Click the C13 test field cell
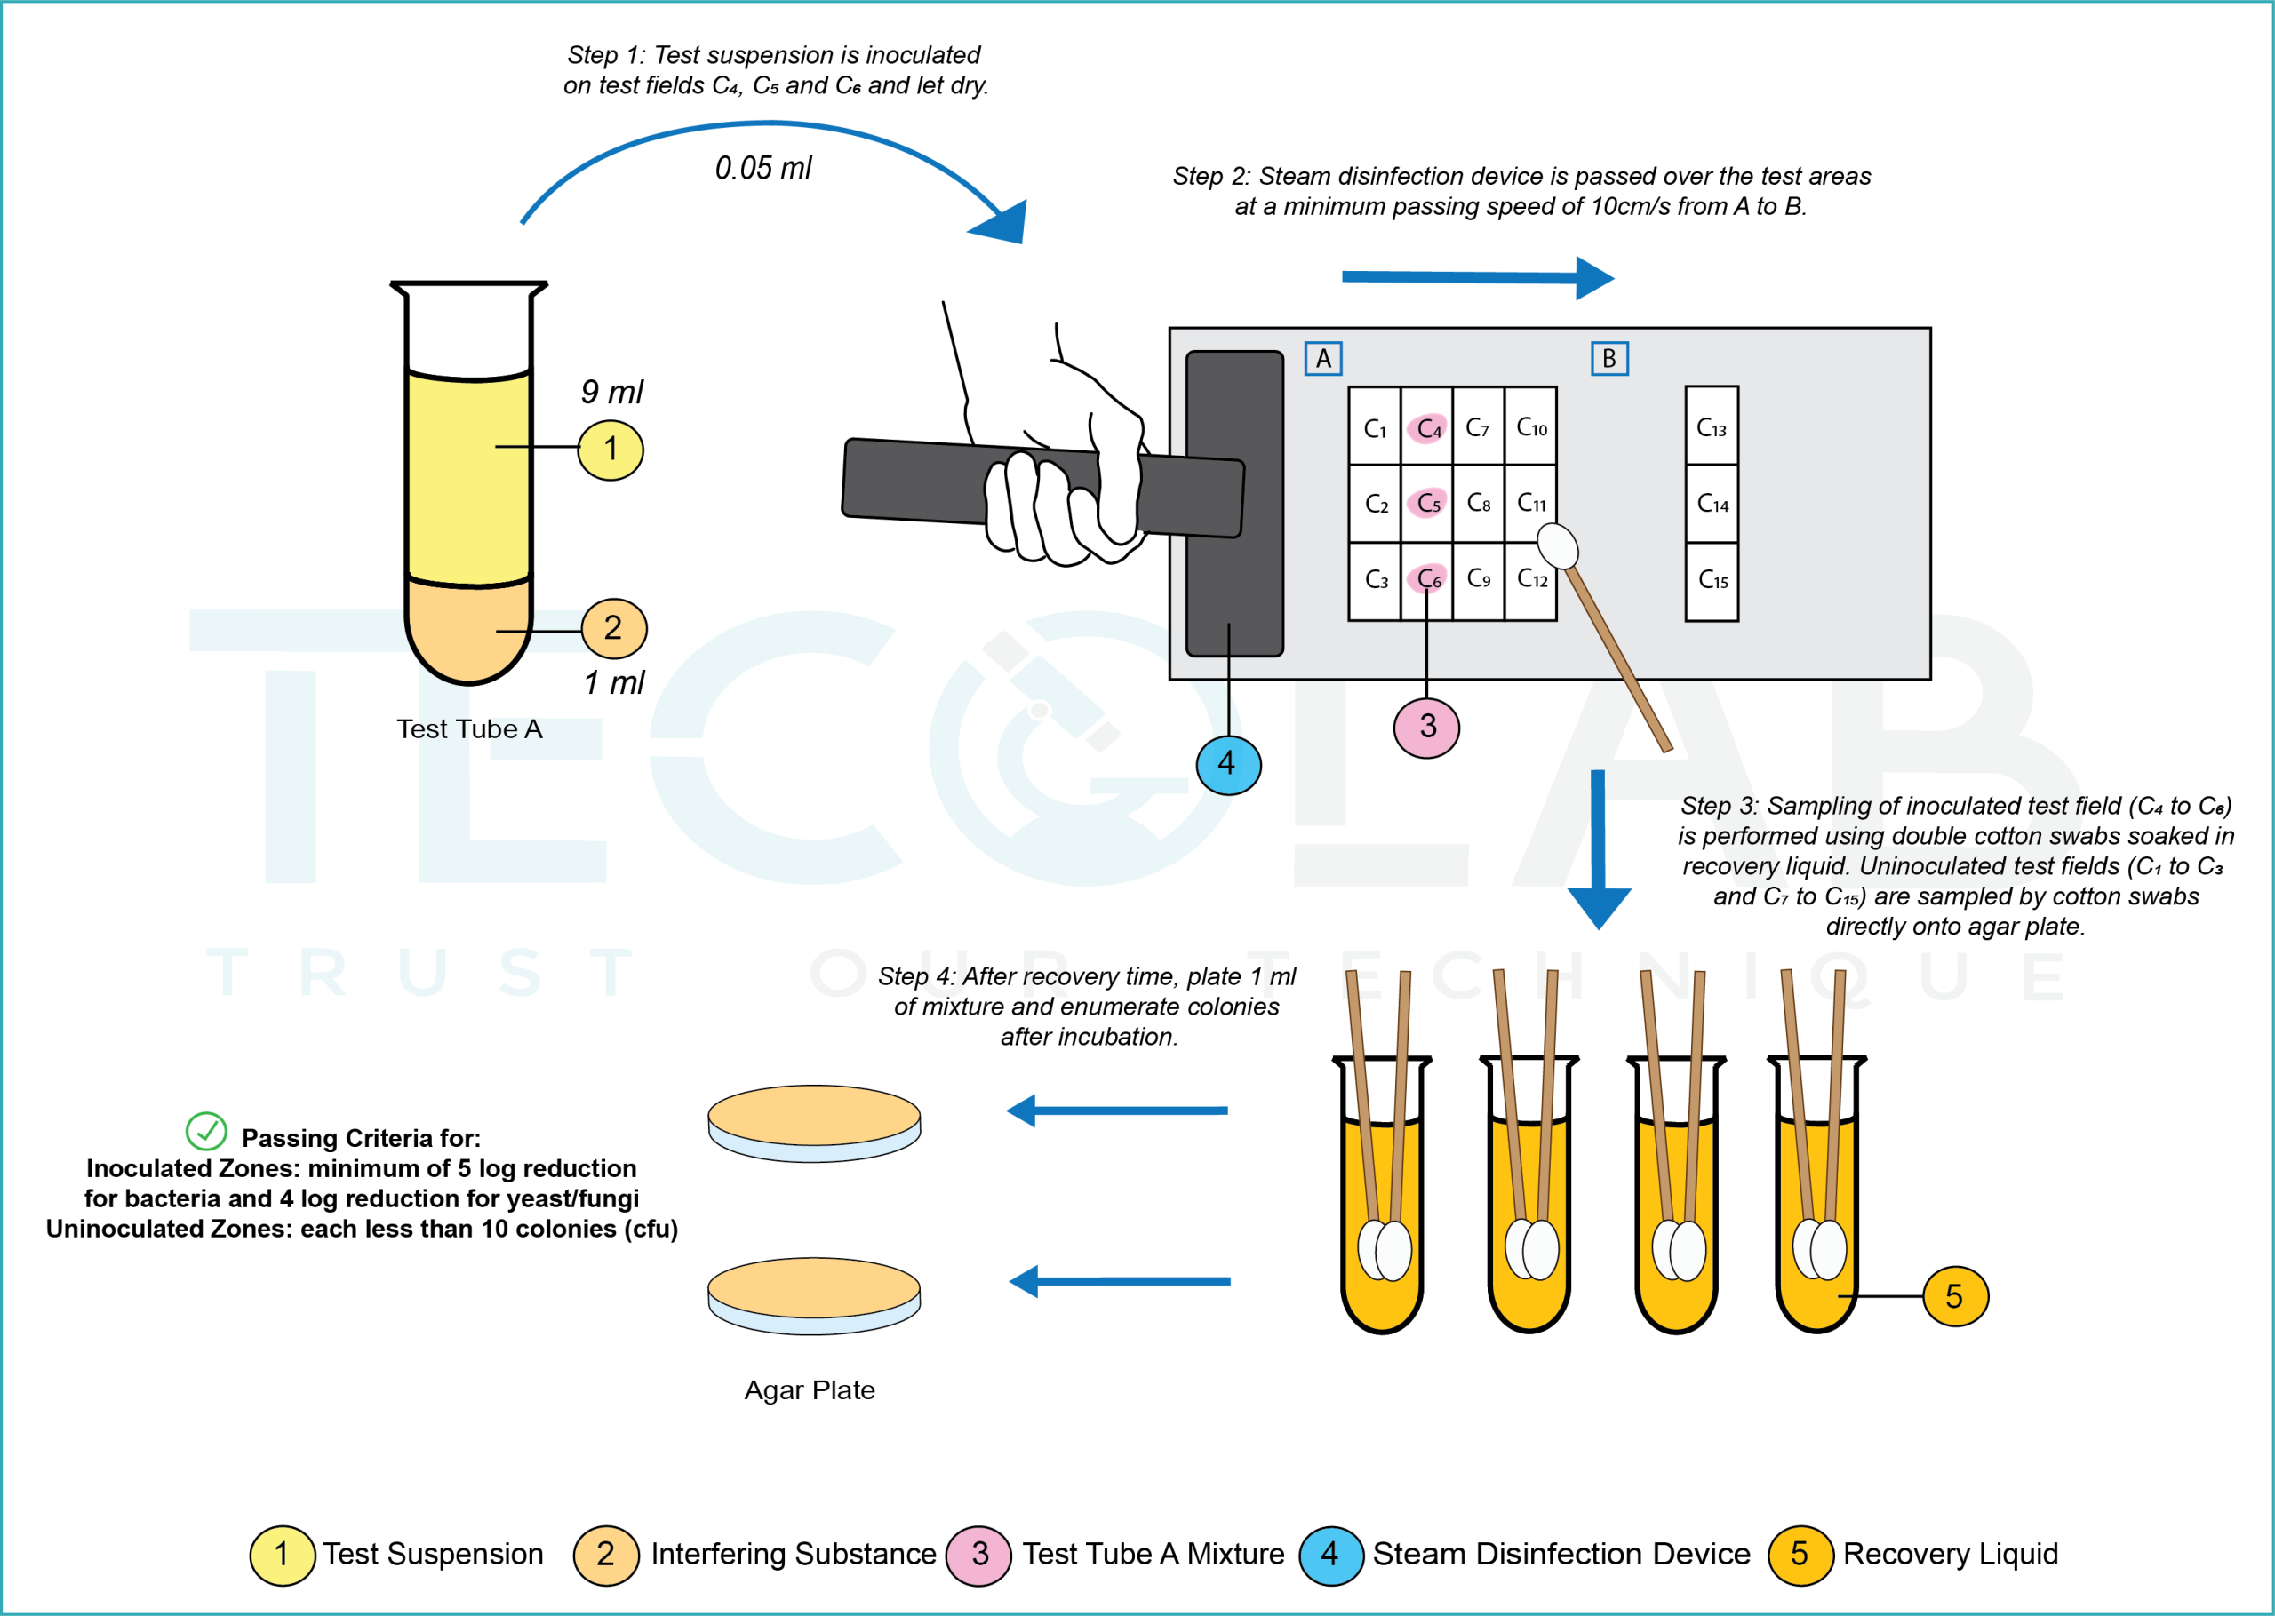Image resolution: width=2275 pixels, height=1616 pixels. pyautogui.click(x=1711, y=427)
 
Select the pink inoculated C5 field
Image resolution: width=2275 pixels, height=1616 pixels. pyautogui.click(x=1427, y=503)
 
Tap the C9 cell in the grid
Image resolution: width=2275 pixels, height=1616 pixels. pyautogui.click(x=1478, y=578)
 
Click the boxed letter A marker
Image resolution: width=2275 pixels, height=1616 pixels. pyautogui.click(x=1322, y=358)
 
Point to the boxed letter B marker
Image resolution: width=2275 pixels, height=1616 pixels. pyautogui.click(x=1608, y=358)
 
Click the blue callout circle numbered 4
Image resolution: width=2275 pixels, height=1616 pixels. pyautogui.click(x=1228, y=764)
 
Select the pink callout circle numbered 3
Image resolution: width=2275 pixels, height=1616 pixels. pyautogui.click(x=1426, y=728)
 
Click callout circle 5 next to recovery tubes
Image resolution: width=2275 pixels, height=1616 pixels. pyautogui.click(x=1953, y=1295)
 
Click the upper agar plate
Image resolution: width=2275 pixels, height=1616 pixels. pyautogui.click(x=814, y=1121)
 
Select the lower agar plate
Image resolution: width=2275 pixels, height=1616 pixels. pyautogui.click(x=814, y=1294)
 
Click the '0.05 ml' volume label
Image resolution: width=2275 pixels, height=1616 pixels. pyautogui.click(x=763, y=168)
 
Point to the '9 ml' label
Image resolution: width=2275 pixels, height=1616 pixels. pyautogui.click(x=611, y=392)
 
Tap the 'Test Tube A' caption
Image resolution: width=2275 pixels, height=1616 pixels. pyautogui.click(x=468, y=729)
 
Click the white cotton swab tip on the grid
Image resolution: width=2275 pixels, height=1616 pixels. pyautogui.click(x=1558, y=546)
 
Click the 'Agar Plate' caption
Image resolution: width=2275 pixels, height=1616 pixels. pyautogui.click(x=809, y=1390)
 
